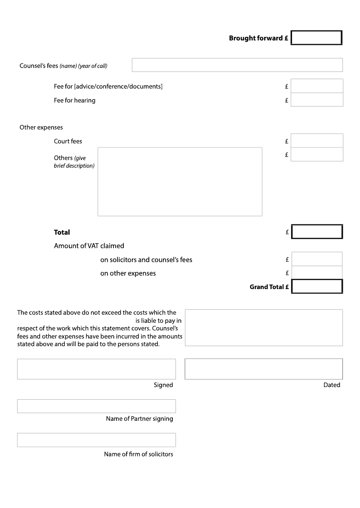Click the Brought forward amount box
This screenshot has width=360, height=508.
[316, 38]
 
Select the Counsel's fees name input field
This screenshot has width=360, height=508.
[237, 65]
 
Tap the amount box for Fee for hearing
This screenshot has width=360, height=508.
[317, 100]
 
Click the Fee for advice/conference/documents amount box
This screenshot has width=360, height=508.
[317, 86]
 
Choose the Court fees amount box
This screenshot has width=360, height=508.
[317, 141]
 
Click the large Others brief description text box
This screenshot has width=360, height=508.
[180, 182]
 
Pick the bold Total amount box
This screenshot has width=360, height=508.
[317, 232]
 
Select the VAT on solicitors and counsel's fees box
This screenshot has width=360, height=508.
[317, 259]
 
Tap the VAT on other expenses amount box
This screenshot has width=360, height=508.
[317, 272]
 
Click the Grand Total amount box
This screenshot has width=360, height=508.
[317, 286]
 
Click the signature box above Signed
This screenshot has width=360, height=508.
[96, 369]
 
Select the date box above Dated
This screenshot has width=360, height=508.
[264, 369]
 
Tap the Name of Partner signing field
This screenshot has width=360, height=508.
[96, 406]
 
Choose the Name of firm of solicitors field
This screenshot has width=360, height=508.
[96, 440]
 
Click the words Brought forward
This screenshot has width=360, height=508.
[256, 38]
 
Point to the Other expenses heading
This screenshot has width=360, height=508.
[41, 127]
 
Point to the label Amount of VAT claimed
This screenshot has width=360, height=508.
[89, 246]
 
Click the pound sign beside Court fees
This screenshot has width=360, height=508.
[287, 141]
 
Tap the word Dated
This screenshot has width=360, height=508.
[332, 385]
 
